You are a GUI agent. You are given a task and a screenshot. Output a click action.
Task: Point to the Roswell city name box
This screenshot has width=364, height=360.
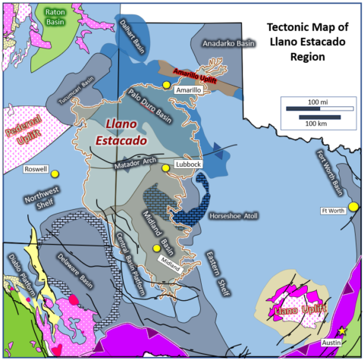36,168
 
